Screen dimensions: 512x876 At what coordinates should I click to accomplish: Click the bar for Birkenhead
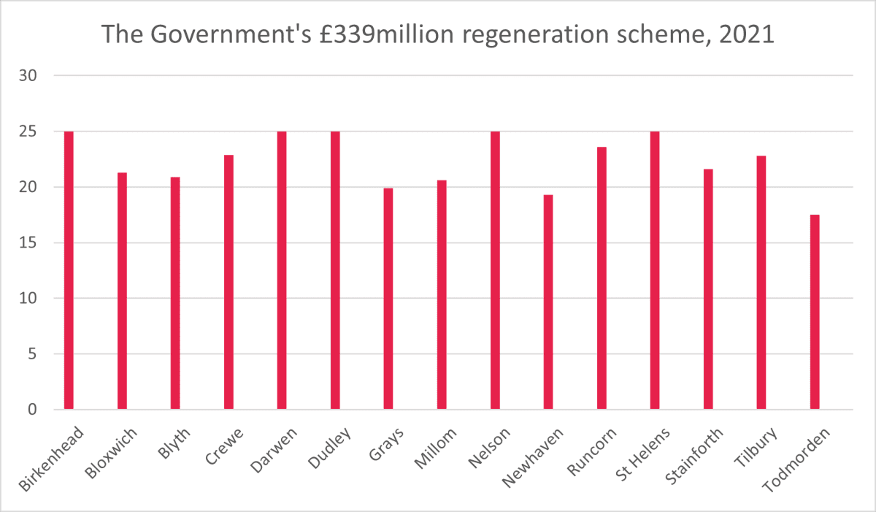(69, 270)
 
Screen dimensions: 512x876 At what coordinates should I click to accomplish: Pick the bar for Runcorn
(602, 278)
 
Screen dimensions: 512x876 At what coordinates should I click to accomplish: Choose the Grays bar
(388, 299)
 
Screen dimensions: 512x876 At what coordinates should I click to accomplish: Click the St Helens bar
(655, 270)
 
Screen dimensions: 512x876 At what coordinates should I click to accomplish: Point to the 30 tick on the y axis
(35, 76)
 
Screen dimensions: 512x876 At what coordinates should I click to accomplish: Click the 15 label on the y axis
(35, 243)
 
